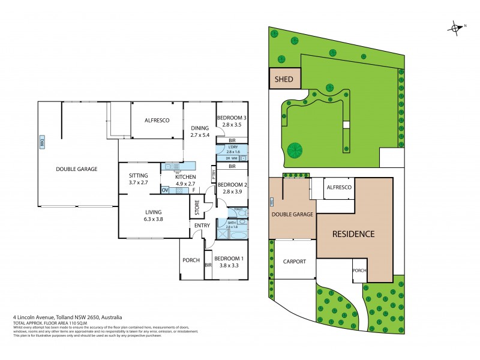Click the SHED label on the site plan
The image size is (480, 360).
[x=284, y=79]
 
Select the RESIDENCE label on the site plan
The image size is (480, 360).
[x=353, y=234]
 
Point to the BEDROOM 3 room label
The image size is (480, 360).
[x=231, y=117]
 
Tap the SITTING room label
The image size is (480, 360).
[x=137, y=175]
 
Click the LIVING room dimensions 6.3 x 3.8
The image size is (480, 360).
[x=152, y=220]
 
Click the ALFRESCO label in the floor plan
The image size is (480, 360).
[x=157, y=121]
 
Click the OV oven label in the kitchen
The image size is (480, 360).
[x=165, y=190]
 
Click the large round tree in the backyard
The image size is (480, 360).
[x=295, y=150]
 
